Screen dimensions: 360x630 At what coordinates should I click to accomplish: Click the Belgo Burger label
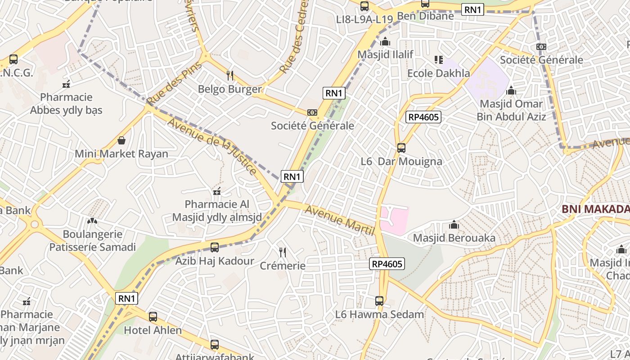[229, 89]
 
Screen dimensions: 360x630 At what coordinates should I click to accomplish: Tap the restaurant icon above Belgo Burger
[230, 75]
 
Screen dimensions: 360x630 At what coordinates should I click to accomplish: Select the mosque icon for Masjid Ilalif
[385, 42]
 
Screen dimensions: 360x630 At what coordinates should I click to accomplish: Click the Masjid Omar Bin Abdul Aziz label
[511, 110]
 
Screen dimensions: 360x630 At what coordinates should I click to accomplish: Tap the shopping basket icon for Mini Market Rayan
[121, 140]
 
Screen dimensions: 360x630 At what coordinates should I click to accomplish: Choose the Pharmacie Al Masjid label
[217, 211]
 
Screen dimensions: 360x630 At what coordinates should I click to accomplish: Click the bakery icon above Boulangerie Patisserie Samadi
[92, 221]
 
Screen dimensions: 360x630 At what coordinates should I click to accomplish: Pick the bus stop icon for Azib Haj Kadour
[215, 247]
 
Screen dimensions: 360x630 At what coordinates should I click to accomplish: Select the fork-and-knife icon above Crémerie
[283, 252]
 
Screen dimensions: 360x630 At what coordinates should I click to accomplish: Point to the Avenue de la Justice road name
[212, 146]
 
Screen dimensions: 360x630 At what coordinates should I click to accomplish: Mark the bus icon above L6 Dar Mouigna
[401, 148]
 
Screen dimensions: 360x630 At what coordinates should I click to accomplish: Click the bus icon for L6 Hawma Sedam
[379, 301]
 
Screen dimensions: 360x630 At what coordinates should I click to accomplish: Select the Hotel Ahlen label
[153, 330]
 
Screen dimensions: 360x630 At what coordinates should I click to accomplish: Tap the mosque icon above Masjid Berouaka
[454, 224]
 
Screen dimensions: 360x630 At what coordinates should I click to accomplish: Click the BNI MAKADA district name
[595, 209]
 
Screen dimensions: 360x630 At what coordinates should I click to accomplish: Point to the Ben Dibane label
[425, 16]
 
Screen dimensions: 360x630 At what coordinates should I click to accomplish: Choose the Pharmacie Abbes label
[66, 103]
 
